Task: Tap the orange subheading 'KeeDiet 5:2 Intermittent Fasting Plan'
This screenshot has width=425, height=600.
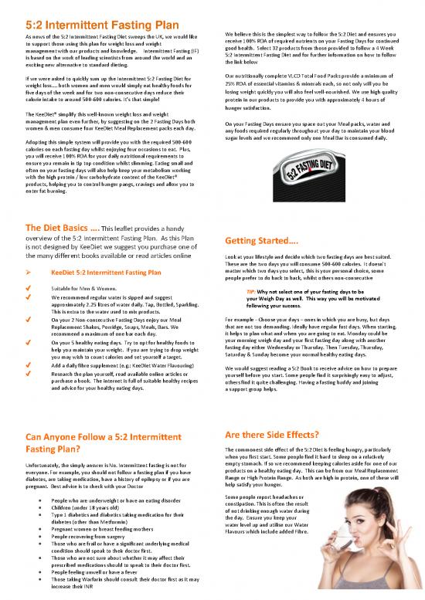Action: (x=106, y=272)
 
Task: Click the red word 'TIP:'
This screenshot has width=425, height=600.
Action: (x=251, y=291)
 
